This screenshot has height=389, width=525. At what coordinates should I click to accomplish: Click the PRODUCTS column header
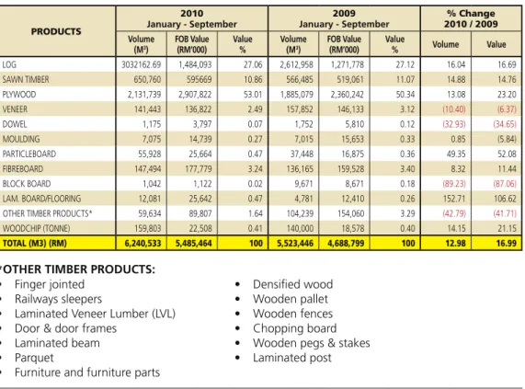[x=56, y=31]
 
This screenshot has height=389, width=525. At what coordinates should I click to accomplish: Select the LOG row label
[x=9, y=64]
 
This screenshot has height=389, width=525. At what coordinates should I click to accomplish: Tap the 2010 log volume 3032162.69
[x=141, y=64]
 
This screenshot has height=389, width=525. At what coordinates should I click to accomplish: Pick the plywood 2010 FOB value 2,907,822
[x=195, y=95]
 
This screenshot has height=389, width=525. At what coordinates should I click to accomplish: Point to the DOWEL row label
[x=15, y=124]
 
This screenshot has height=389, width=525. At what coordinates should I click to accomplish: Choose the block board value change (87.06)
[x=505, y=184]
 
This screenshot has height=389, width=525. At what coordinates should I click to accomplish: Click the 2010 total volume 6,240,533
[x=143, y=244]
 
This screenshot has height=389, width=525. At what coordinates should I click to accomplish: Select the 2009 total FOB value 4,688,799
[x=346, y=244]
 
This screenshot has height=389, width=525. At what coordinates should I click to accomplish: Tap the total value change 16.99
[x=507, y=244]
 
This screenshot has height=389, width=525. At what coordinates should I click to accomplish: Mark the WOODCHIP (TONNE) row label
[x=36, y=228]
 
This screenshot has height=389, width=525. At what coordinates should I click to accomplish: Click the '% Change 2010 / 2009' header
[x=471, y=18]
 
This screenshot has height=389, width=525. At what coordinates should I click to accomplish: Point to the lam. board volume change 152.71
[x=454, y=199]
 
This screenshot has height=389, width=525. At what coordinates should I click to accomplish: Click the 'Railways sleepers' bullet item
[x=58, y=299]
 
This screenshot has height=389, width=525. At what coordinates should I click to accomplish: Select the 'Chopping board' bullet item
[x=294, y=328]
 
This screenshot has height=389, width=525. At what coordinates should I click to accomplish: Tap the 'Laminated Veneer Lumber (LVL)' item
[x=95, y=314]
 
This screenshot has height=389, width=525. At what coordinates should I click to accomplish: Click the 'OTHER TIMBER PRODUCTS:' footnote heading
[x=79, y=269]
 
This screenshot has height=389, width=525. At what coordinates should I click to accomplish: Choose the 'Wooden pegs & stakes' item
[x=312, y=343]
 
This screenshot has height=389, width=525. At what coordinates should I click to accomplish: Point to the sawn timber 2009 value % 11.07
[x=405, y=80]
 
